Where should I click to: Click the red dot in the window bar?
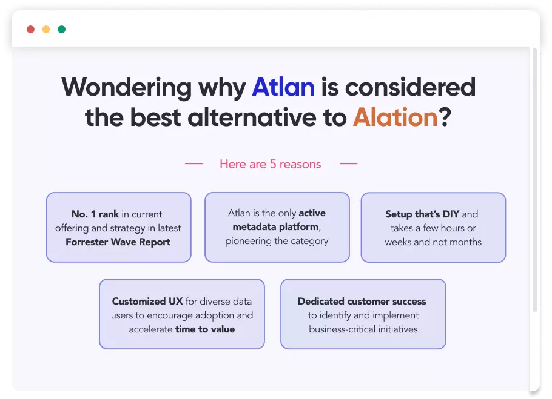point(30,30)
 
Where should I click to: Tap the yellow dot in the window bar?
point(46,30)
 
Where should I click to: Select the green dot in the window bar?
point(62,30)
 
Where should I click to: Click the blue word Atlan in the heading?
point(283,87)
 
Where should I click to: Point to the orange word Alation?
point(395,117)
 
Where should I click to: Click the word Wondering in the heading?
point(127,88)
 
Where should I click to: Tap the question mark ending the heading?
point(445,117)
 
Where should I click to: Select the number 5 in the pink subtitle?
point(273,164)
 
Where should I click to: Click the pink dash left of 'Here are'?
point(194,163)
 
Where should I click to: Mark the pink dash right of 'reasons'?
point(349,163)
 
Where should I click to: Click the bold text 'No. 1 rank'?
point(95,214)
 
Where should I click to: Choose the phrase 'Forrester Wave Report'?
point(118,242)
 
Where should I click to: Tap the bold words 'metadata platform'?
point(275,227)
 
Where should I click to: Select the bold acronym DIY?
point(451,214)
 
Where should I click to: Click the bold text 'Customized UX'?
point(147,302)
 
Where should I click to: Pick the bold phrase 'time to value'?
point(205,329)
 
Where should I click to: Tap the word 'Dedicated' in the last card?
point(321,302)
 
